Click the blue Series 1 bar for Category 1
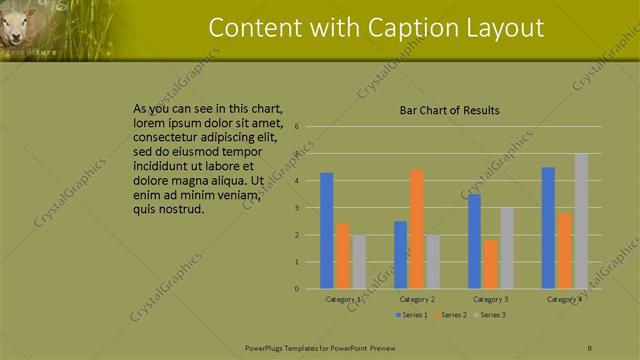pyautogui.click(x=326, y=231)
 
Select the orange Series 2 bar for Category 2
pyautogui.click(x=416, y=229)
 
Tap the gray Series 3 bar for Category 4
pyautogui.click(x=581, y=221)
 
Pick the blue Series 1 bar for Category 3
pyautogui.click(x=474, y=241)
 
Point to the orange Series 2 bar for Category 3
pyautogui.click(x=490, y=264)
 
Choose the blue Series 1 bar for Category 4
pyautogui.click(x=548, y=228)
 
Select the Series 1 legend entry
pyautogui.click(x=411, y=315)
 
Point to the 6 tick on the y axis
pyautogui.click(x=297, y=127)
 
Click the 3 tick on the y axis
pyautogui.click(x=297, y=208)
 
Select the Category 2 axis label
pyautogui.click(x=417, y=299)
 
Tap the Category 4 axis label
pyautogui.click(x=564, y=299)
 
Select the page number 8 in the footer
pyautogui.click(x=590, y=347)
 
